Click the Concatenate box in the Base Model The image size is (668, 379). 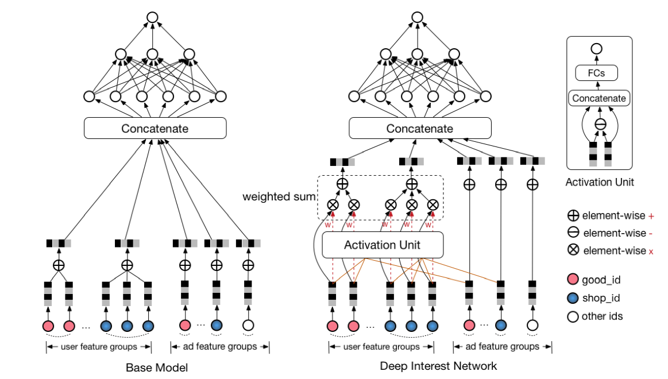[155, 128]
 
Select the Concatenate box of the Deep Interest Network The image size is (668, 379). [420, 128]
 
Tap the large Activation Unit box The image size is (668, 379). [383, 245]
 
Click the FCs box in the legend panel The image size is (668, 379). [597, 73]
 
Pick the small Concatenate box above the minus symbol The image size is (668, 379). [599, 98]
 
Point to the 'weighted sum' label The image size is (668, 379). [279, 198]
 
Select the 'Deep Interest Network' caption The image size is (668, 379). [438, 366]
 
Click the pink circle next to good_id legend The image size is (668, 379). [573, 280]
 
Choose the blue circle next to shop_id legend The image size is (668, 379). [573, 298]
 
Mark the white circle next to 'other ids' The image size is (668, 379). [573, 316]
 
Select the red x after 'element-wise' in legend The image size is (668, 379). [650, 251]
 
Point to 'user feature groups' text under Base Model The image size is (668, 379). [99, 347]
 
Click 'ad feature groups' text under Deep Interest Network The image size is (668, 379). [503, 347]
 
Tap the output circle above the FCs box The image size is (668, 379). [597, 49]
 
